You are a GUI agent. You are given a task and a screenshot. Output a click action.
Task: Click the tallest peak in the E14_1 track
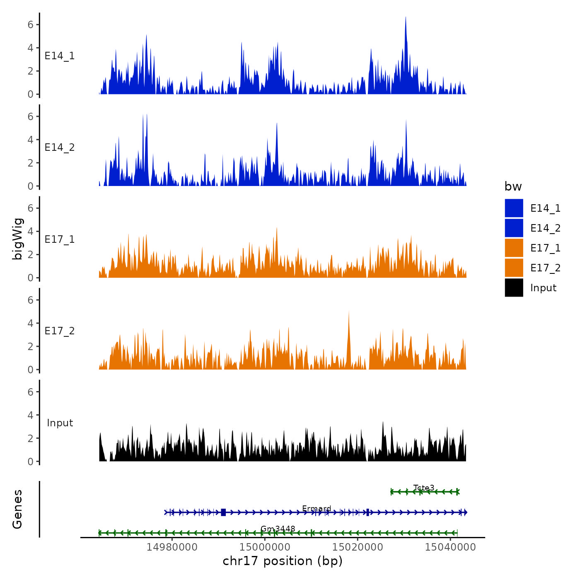[x=406, y=19]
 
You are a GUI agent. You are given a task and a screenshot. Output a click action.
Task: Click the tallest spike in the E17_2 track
[x=349, y=313]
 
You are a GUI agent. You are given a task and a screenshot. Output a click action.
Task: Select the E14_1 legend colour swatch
[x=514, y=208]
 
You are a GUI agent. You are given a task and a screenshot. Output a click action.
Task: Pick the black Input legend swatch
[x=514, y=288]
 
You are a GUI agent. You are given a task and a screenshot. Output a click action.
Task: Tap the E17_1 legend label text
[x=545, y=248]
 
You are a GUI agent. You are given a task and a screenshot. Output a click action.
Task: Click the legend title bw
[x=513, y=186]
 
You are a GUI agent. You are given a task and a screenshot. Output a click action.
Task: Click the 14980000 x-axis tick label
[x=172, y=548]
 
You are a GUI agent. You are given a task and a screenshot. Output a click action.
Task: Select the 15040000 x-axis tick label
[x=450, y=548]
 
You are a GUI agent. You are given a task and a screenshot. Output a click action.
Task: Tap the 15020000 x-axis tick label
[x=358, y=548]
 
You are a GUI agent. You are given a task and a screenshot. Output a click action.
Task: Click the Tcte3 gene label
[x=424, y=488]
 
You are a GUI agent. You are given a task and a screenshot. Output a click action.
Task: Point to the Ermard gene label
[x=317, y=508]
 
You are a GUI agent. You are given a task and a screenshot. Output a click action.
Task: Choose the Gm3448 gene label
[x=278, y=529]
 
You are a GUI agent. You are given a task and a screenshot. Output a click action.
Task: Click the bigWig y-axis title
[x=17, y=239]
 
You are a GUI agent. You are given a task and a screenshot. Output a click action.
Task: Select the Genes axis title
[x=17, y=509]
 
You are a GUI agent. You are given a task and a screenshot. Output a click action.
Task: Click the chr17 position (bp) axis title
[x=283, y=561]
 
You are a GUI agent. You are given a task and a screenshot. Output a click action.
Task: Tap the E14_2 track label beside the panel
[x=60, y=147]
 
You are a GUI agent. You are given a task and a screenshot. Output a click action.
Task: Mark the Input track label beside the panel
[x=60, y=423]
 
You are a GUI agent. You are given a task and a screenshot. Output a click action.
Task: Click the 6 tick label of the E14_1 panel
[x=30, y=24]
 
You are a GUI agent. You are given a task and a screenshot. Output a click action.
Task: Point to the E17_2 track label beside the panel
[x=60, y=331]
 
